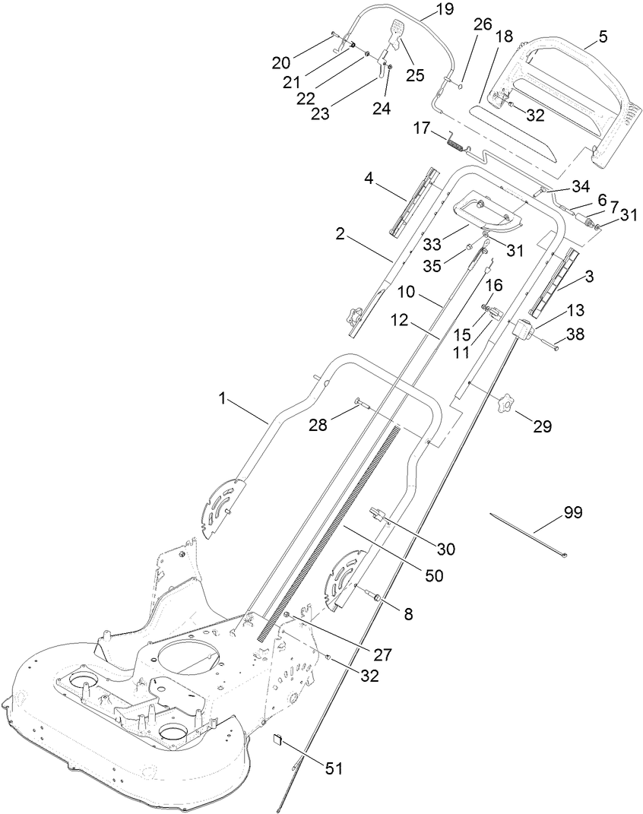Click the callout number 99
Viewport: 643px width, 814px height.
click(572, 512)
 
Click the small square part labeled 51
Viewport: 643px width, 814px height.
click(279, 740)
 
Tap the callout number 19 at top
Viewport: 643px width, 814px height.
click(443, 10)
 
